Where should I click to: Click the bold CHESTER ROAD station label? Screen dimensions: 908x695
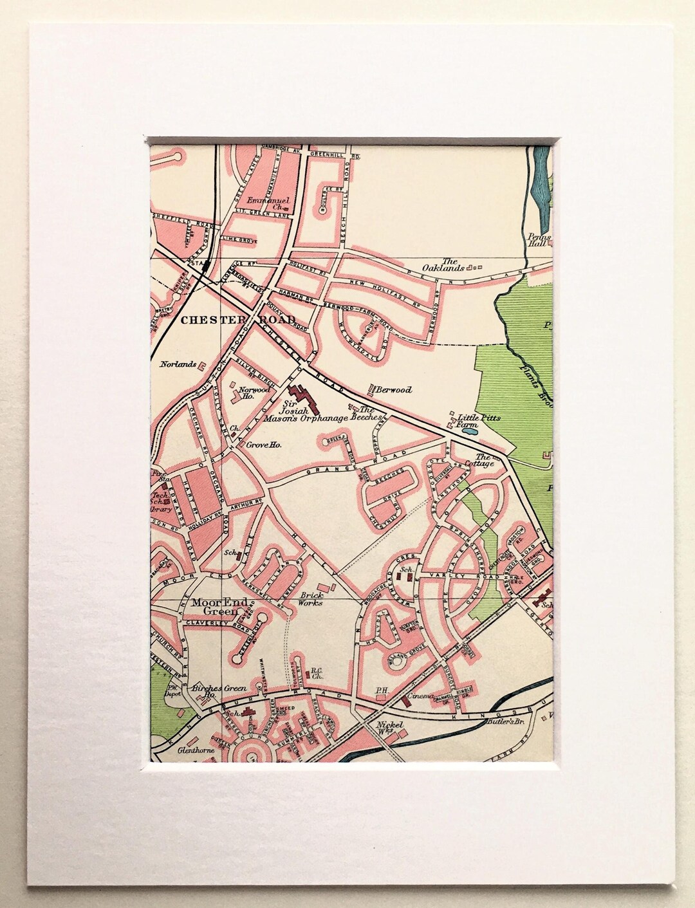tap(237, 320)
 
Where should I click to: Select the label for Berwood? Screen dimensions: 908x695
tap(394, 390)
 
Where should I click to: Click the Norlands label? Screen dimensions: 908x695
tap(178, 364)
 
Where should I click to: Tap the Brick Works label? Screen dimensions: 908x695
tap(311, 599)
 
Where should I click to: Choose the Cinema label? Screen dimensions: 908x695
tap(426, 696)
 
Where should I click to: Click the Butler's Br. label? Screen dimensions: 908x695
tap(503, 723)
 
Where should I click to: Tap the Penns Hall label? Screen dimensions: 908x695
tap(537, 240)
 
